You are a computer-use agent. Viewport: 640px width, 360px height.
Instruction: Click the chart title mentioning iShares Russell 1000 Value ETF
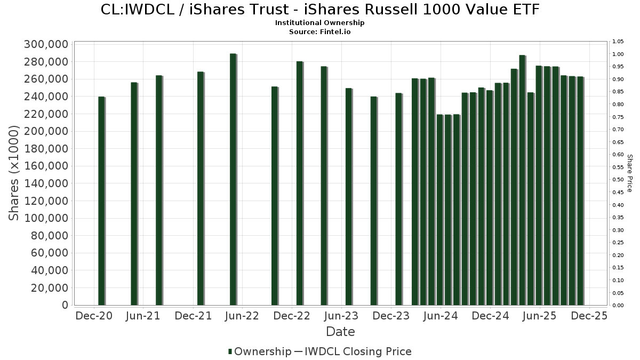pos(320,10)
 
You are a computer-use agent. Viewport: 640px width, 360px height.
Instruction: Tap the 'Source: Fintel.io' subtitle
pos(320,31)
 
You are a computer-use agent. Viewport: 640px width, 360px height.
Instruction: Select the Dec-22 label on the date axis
pos(292,316)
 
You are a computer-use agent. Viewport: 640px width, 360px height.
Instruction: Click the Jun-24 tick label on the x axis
pos(441,316)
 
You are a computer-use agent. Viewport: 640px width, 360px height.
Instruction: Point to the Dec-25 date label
pos(589,316)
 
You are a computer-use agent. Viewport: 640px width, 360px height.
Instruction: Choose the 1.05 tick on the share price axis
pos(618,42)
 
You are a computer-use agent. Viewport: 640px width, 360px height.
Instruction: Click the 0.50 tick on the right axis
pos(618,180)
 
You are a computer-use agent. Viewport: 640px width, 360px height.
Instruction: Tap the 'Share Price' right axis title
pos(629,173)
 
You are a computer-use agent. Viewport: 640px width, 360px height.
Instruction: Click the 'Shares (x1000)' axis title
pos(14,173)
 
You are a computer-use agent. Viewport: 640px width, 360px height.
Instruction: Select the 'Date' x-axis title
pos(340,332)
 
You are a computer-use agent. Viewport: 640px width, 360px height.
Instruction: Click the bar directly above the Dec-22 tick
pos(300,183)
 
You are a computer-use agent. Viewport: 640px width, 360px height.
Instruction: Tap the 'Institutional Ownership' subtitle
pos(320,23)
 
